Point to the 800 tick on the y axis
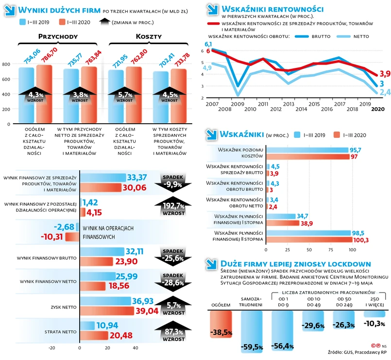pyautogui.click(x=6, y=64)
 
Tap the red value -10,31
pyautogui.click(x=51, y=237)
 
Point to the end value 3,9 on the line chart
pyautogui.click(x=385, y=74)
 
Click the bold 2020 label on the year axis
pyautogui.click(x=377, y=110)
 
